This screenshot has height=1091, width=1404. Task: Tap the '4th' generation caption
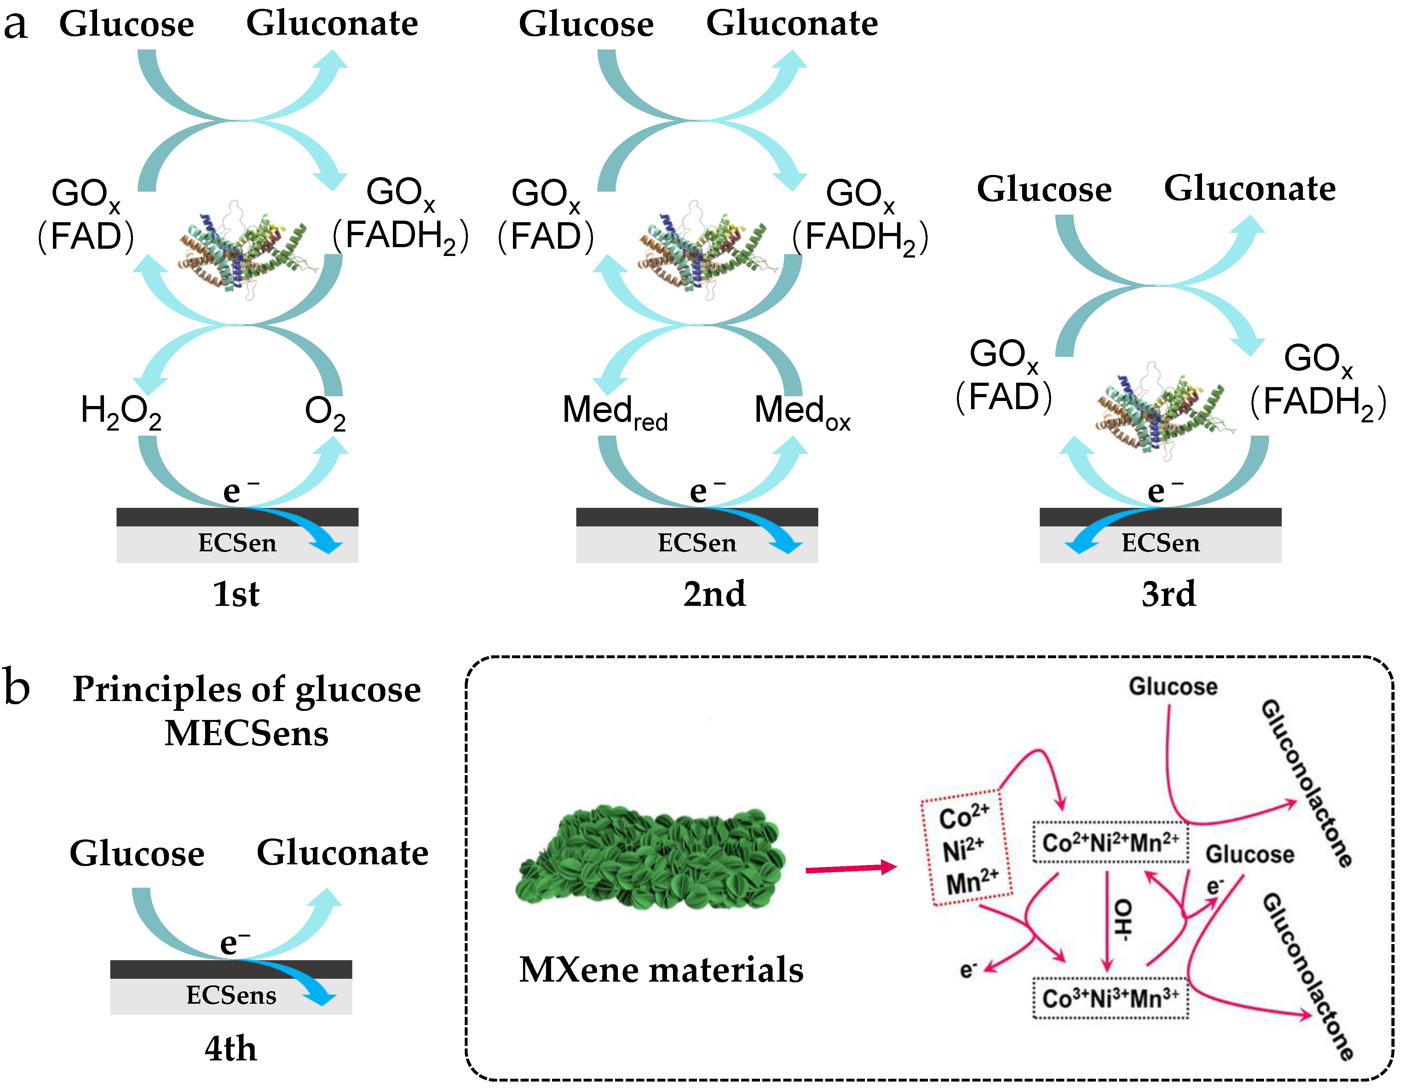click(x=230, y=1048)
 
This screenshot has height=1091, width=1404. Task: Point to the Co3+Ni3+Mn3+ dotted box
click(x=1110, y=998)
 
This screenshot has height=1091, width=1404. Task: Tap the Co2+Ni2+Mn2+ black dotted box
click(x=1110, y=842)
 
